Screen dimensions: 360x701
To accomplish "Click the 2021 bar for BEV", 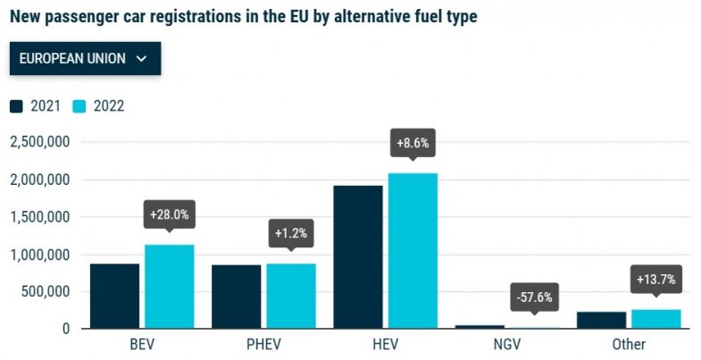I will point(114,296).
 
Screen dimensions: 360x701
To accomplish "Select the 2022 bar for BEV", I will point(170,286).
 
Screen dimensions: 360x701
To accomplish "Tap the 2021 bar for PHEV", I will point(236,297).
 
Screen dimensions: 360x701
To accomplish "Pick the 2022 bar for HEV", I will point(413,250).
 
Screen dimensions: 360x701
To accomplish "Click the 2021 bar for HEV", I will point(357,256).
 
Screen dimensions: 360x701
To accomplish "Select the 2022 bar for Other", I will point(655,319).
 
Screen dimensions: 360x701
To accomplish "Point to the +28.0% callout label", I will point(170,214).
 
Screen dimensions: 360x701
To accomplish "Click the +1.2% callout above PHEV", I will point(291,234).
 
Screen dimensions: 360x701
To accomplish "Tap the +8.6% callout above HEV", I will point(413,143).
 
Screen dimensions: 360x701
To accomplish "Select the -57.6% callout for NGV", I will point(534,297).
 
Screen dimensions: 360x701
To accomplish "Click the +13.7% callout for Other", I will point(655,280).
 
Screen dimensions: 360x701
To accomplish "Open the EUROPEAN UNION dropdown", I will point(85,59).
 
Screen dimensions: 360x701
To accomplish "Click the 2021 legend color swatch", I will point(17,106).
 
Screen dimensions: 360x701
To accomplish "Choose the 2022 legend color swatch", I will point(79,106).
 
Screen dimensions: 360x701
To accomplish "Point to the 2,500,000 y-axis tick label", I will point(39,142).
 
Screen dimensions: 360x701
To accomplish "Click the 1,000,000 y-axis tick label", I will point(39,255).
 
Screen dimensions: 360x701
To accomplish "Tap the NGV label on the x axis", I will point(533,345).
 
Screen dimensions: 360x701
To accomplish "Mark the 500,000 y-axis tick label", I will point(45,291).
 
